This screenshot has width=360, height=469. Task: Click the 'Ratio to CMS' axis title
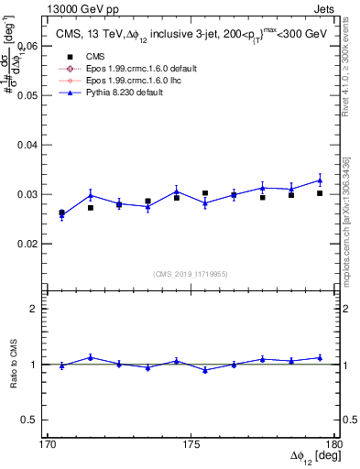click(x=13, y=365)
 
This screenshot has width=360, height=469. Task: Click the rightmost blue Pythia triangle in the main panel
click(x=320, y=180)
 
